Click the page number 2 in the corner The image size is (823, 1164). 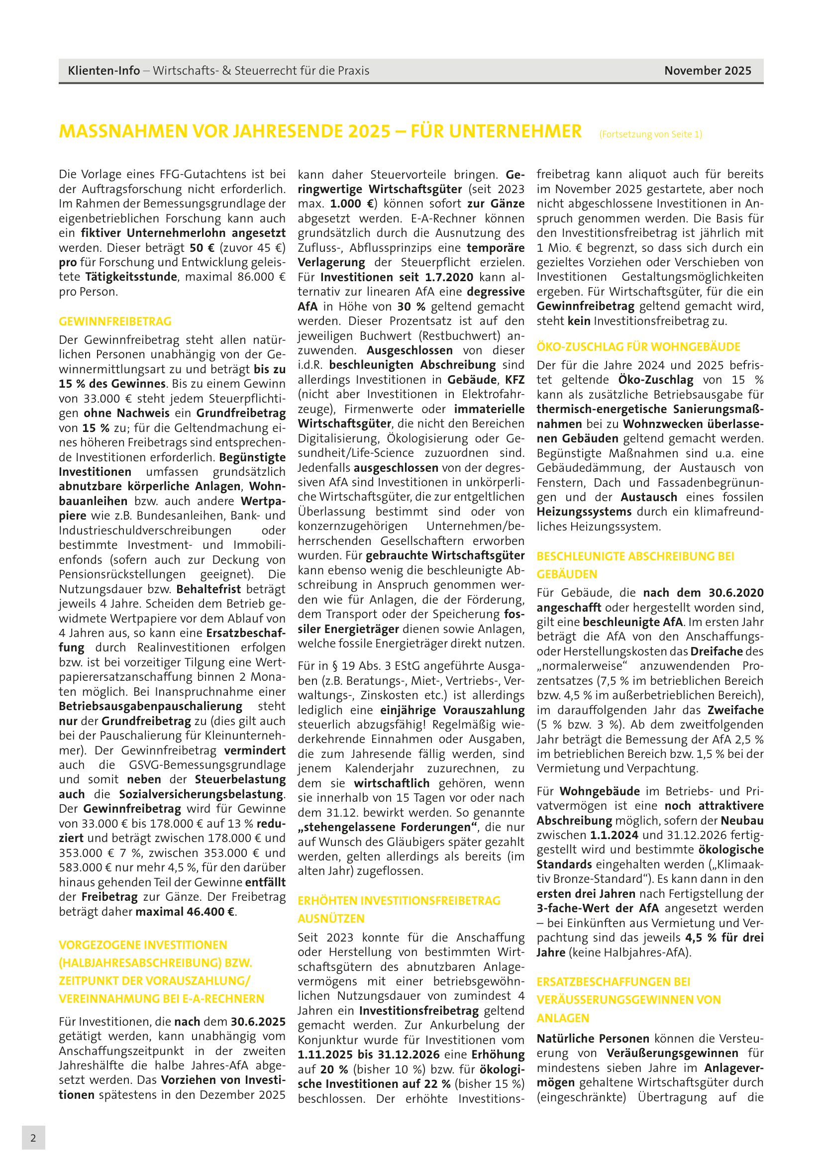(33, 1138)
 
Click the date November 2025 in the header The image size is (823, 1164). (708, 71)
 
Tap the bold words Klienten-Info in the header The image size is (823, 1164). (104, 71)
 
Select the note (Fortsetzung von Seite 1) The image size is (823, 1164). (650, 134)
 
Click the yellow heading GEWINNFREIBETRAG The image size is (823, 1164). (115, 321)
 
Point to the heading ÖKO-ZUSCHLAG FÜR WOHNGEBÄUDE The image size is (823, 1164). (638, 347)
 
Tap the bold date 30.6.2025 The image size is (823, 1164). (258, 1022)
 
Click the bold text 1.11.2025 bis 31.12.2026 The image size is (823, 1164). (368, 1055)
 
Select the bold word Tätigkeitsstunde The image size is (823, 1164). (131, 277)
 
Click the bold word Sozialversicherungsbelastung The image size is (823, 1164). (201, 794)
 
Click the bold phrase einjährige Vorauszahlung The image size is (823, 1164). (452, 710)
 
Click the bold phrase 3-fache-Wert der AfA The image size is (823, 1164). (598, 908)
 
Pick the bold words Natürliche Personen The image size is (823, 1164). (593, 1038)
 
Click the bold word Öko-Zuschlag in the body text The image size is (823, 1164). (655, 380)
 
